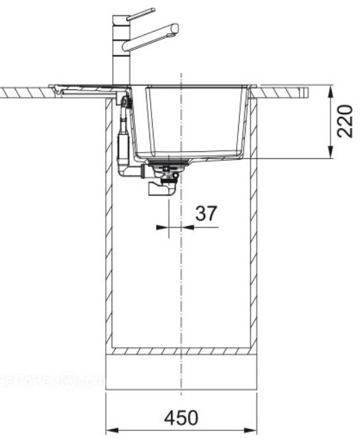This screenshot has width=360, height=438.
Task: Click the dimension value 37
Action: pos(205,214)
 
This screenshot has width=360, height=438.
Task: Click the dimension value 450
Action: pos(182,417)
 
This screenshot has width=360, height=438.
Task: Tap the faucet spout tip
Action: pos(176,29)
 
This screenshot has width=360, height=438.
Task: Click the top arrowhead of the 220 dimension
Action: pos(332,90)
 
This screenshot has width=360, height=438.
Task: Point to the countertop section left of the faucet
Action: pos(24,91)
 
